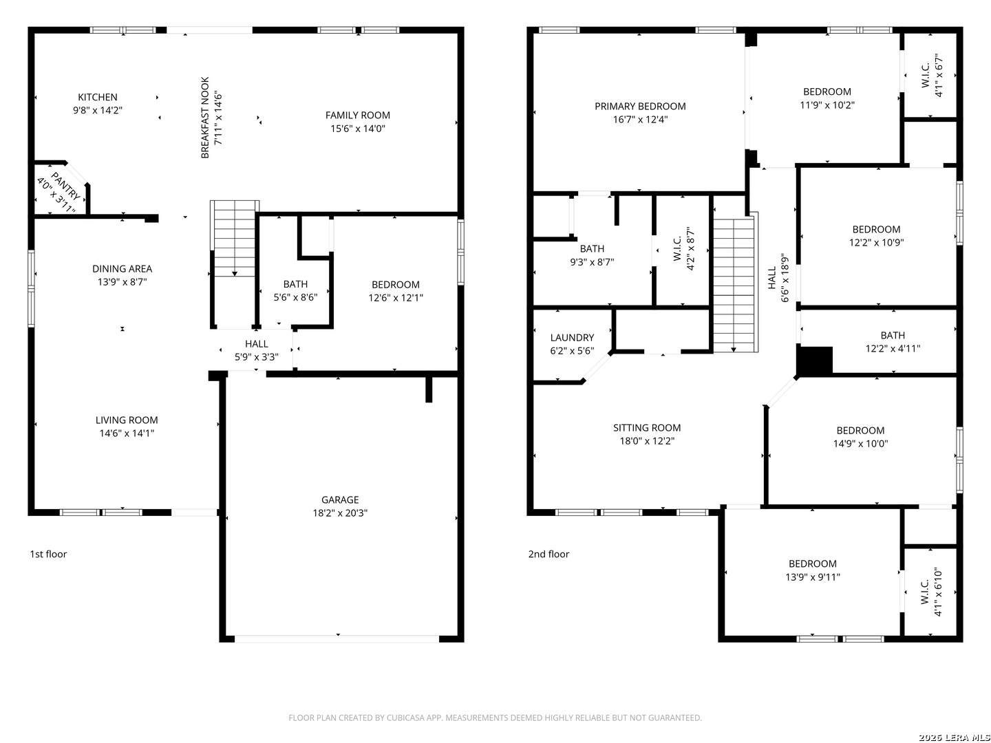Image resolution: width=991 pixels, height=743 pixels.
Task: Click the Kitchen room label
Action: coord(97,97)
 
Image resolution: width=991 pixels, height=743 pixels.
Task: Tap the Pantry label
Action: coord(66,186)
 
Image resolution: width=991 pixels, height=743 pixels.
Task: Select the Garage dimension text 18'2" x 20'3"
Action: coord(339,513)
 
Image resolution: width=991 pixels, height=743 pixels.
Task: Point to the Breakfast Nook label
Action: coord(205,118)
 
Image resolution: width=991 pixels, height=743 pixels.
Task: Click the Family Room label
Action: coord(357,115)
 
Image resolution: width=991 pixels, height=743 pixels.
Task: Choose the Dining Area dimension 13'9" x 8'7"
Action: coord(122,281)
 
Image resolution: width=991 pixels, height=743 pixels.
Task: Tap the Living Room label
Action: coord(127,420)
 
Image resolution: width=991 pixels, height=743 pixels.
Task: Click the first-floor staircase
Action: coord(234,239)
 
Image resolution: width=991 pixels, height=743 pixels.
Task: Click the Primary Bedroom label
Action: coord(640,106)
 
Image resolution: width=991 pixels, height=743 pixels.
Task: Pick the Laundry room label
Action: coord(572,337)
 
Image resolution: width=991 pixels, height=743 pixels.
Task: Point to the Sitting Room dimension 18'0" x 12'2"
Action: coord(646,440)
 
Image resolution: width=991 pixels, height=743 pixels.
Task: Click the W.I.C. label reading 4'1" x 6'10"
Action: coord(931,592)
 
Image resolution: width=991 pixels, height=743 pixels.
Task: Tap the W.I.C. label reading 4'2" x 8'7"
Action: coord(683,248)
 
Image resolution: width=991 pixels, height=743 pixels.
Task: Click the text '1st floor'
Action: coord(48,554)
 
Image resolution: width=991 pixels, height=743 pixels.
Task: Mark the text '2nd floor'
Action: coord(548,554)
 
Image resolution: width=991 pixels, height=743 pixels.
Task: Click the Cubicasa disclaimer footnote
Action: coord(495,718)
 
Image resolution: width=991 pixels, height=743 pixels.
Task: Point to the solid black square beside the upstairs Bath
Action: coord(815,360)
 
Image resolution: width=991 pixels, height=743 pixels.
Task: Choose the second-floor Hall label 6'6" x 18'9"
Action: coord(778,277)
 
